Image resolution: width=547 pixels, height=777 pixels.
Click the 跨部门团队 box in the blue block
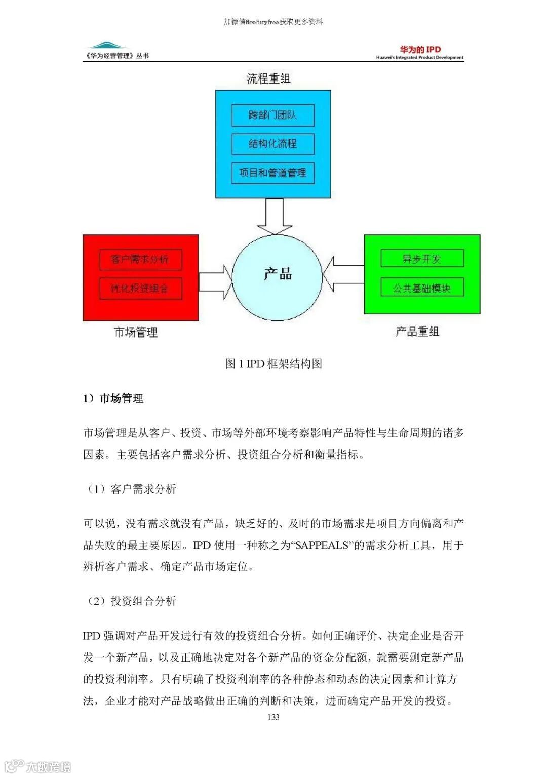272,115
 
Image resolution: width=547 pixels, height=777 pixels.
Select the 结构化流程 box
272,144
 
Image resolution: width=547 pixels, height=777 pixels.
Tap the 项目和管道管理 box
272,173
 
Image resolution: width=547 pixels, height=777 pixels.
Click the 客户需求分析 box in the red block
140,260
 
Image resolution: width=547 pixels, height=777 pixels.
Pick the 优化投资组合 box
140,289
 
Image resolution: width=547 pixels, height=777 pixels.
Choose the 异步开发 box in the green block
422,259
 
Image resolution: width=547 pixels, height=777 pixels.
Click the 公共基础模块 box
422,288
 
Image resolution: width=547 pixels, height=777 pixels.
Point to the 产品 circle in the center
278,276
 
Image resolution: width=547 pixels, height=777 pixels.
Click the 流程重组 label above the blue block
268,78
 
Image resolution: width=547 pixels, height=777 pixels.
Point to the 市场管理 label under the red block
136,332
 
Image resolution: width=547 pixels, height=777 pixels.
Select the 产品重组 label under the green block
417,332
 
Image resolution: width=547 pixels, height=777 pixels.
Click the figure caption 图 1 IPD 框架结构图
273,363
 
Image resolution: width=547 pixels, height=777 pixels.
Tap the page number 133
273,717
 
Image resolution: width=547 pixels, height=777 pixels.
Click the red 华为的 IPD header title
420,49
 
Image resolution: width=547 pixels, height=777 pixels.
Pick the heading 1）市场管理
113,398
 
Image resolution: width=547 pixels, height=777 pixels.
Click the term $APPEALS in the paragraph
322,545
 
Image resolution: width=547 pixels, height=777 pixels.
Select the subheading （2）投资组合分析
131,601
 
